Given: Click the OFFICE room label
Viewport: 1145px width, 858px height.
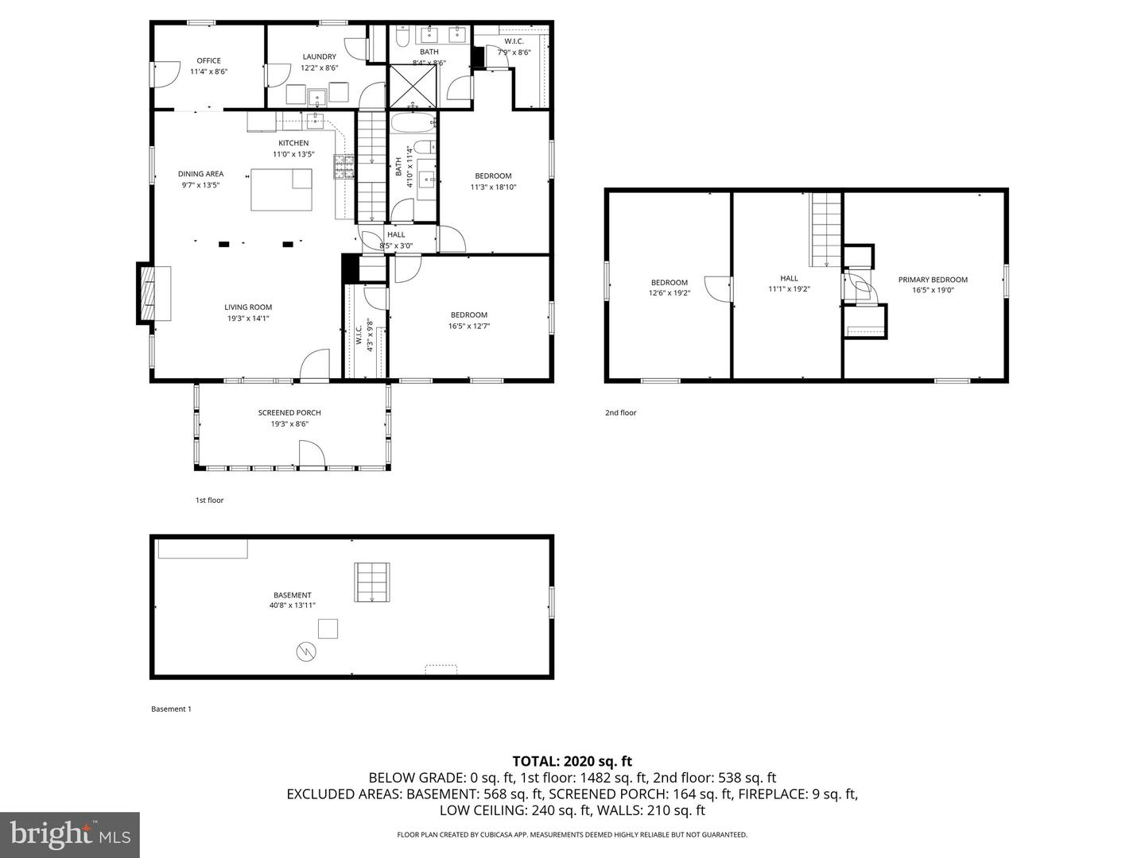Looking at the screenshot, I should click(x=208, y=60).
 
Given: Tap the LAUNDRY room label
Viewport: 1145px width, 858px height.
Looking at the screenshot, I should click(x=319, y=56).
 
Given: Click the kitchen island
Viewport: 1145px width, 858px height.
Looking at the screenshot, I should click(x=281, y=189).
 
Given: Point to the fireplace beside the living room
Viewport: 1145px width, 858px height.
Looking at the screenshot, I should click(x=148, y=293).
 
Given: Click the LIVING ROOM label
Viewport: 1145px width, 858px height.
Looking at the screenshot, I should click(x=248, y=307).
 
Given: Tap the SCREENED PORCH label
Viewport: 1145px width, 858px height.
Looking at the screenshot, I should click(x=289, y=412).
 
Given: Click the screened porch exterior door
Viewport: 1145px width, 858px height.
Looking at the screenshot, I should click(x=312, y=456).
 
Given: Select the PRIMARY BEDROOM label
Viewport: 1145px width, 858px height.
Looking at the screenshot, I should click(x=933, y=280).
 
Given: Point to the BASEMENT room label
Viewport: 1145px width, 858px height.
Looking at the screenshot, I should click(x=293, y=595).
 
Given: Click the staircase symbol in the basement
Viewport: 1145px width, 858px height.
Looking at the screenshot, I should click(x=372, y=583).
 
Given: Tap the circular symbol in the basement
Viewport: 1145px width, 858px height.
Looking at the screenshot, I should click(x=306, y=652).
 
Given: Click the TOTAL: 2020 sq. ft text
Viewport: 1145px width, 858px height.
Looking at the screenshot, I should click(x=572, y=762).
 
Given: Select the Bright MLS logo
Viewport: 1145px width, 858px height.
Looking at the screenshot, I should click(x=70, y=834).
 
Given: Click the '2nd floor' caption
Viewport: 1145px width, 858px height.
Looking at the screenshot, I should click(x=621, y=413).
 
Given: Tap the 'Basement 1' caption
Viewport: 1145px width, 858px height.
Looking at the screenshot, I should click(x=171, y=709).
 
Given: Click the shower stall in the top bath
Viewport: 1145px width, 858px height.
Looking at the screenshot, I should click(x=412, y=87).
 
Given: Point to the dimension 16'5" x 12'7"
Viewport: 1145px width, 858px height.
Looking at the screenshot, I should click(x=468, y=326).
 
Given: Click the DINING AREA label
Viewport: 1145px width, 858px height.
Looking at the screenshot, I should click(x=200, y=174).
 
